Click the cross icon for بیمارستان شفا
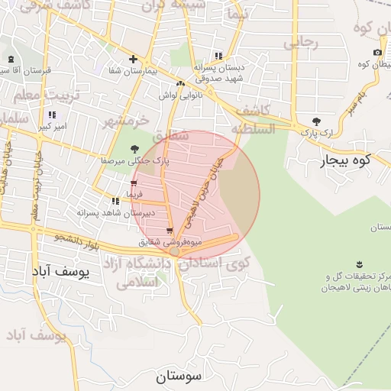134,59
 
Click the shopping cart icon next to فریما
134,184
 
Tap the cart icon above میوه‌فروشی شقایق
169,231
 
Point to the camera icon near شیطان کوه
377,52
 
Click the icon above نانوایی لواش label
180,84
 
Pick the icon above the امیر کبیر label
52,115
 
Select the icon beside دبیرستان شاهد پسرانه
115,201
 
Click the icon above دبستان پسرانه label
219,56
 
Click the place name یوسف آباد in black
61,271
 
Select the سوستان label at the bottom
177,376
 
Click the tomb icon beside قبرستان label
11,60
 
